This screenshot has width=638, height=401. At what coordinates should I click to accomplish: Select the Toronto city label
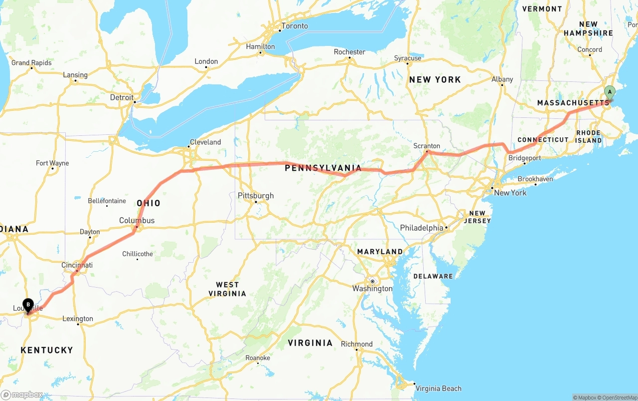[x=295, y=26]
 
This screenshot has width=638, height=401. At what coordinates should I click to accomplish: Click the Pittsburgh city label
[x=256, y=195]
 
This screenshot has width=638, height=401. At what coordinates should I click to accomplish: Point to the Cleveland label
[x=205, y=142]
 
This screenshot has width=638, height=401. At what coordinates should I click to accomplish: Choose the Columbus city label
[x=137, y=220]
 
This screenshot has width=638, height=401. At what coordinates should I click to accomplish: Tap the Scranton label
[x=427, y=146]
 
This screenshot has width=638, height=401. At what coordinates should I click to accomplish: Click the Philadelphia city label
[x=421, y=228]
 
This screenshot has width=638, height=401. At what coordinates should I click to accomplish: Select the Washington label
[x=372, y=289]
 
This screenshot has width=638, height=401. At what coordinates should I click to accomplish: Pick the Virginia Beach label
[x=438, y=389]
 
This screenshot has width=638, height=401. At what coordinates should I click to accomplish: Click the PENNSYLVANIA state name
[x=323, y=168]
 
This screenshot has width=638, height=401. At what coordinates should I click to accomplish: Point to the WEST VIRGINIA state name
[x=227, y=289]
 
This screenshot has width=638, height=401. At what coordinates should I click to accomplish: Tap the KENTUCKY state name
[x=47, y=350]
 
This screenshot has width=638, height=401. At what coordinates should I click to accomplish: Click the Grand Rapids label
[x=31, y=62]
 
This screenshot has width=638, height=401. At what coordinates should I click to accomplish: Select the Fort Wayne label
[x=52, y=163]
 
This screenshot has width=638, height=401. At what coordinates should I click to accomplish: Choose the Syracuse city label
[x=408, y=58]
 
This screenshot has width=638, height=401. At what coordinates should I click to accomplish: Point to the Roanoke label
[x=258, y=358]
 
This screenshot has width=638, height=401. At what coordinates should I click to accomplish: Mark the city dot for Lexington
[x=78, y=324]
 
